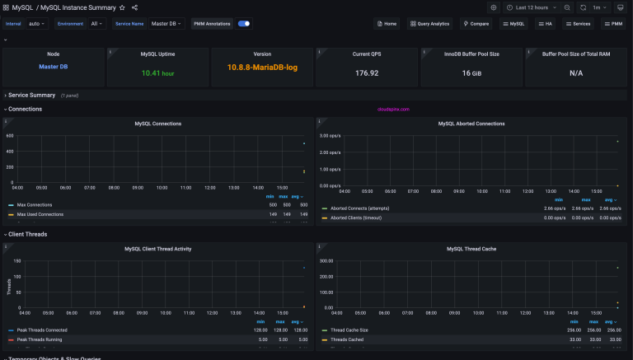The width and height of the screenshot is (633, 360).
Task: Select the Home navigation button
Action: (x=386, y=24)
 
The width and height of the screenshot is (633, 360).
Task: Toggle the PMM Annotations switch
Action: (x=244, y=24)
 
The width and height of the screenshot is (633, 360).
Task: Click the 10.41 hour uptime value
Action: (x=158, y=73)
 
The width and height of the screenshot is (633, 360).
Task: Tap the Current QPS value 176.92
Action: (x=367, y=73)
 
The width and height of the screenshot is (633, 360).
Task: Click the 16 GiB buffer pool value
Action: (x=471, y=73)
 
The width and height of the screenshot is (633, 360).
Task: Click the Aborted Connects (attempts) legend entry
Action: (x=359, y=209)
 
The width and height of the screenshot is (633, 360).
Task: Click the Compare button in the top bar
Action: (x=476, y=24)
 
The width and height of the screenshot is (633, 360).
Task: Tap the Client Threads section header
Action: (x=27, y=234)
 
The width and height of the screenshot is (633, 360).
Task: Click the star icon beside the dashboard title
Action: (x=122, y=7)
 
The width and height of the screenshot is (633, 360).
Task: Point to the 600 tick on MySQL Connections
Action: (x=10, y=136)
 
